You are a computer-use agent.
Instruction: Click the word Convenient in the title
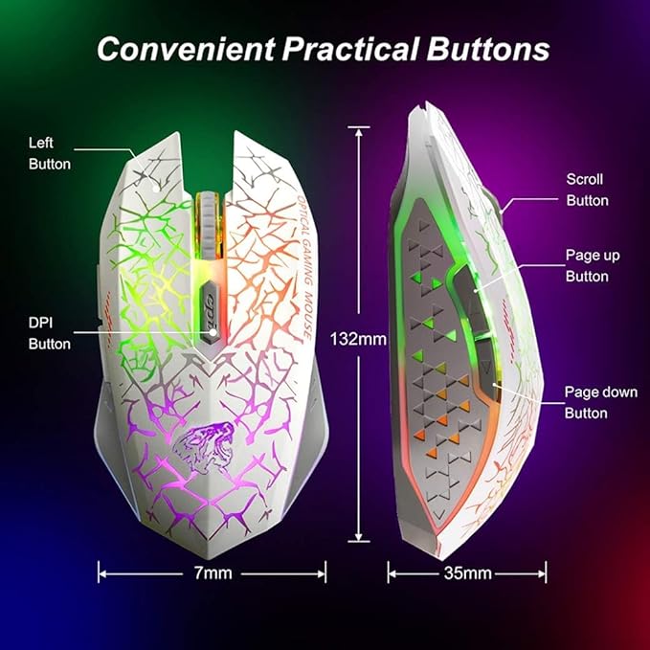[186, 49]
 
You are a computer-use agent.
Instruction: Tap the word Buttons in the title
[488, 49]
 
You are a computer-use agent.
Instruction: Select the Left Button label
[50, 153]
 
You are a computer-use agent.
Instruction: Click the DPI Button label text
[50, 333]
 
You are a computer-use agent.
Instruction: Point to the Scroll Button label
[587, 190]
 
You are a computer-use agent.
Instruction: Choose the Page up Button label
[593, 266]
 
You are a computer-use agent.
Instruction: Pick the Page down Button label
[600, 402]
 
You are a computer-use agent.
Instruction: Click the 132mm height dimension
[358, 339]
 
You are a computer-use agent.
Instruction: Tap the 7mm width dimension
[213, 572]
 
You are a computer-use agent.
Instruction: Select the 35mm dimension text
[467, 573]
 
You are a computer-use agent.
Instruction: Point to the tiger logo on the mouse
[204, 447]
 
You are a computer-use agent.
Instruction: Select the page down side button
[486, 369]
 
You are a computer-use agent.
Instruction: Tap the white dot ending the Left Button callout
[155, 189]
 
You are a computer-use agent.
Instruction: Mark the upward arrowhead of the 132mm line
[359, 131]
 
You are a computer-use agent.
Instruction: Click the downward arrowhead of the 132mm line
[359, 536]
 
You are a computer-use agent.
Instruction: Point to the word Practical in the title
[350, 49]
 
